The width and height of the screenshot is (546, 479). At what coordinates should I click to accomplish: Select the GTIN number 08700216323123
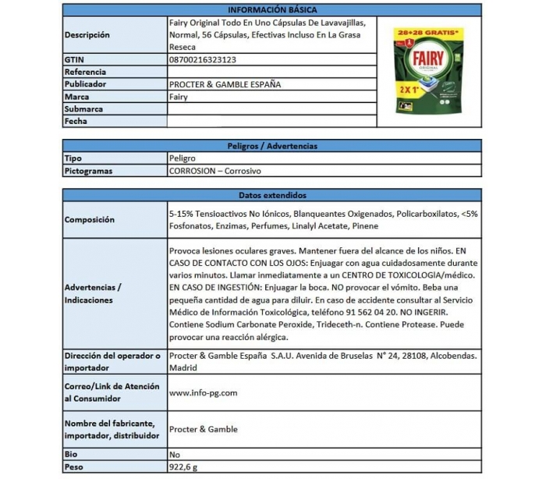pos(203,59)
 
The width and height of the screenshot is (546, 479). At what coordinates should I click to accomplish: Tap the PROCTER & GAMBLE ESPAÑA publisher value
pos(225,84)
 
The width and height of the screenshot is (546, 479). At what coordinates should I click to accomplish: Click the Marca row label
pos(77,97)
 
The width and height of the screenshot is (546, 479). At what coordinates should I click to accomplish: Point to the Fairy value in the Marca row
pos(178,97)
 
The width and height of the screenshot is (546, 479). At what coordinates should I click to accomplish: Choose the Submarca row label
pos(84,109)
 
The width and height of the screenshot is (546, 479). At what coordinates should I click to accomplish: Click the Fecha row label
pos(76,122)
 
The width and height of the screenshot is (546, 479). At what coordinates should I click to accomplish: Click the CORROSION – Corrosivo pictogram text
pos(214,171)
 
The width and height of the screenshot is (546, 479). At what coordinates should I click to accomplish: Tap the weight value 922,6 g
pos(185,467)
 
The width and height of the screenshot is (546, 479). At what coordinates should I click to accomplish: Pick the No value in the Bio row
pos(174,454)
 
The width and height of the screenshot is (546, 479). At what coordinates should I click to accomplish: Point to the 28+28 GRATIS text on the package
pos(427,34)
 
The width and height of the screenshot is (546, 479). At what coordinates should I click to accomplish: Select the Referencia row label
pos(85,72)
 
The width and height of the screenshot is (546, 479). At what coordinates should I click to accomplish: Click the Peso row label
pos(75,467)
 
